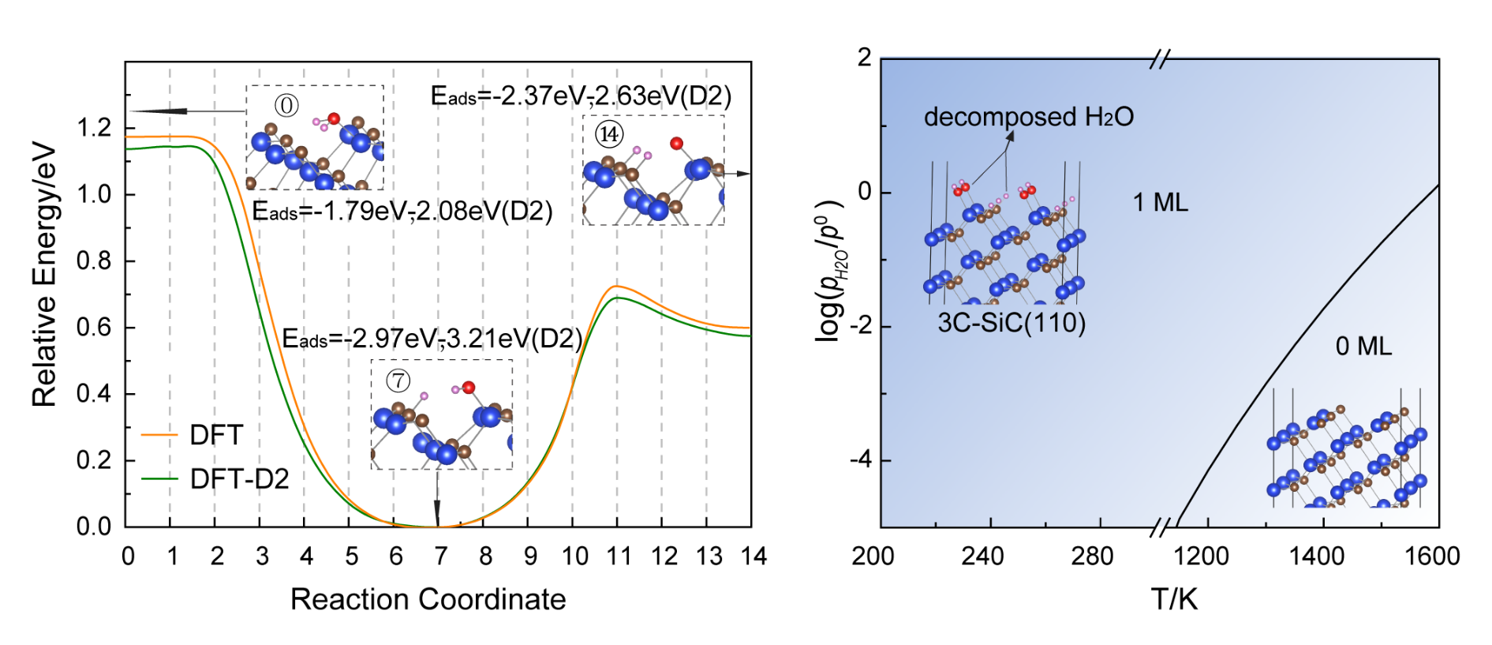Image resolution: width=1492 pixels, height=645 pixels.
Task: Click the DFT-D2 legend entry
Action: coord(239,478)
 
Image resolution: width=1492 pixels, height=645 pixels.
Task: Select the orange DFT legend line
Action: coord(160,435)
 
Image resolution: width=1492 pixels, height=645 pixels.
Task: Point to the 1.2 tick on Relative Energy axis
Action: coord(94,128)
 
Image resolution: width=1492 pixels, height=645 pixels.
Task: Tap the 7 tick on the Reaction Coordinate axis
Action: coord(440,556)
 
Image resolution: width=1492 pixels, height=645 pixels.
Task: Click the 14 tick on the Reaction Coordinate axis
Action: coord(753,556)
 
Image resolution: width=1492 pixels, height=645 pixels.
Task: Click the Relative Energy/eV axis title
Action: coord(44,275)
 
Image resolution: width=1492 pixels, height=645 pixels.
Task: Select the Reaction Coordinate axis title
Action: coord(428,599)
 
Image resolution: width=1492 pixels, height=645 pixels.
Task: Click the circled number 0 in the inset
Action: coord(286,105)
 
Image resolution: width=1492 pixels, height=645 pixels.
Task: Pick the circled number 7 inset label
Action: coord(398,381)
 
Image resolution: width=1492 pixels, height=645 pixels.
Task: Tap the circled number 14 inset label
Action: coord(609,134)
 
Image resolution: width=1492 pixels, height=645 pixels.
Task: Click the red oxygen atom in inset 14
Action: coord(676,143)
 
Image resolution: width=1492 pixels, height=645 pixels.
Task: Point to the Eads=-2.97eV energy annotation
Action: coord(432,339)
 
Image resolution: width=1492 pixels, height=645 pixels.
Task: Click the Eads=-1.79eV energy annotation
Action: coord(402,212)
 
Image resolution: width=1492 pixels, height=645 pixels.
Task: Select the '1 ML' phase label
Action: coord(1160,203)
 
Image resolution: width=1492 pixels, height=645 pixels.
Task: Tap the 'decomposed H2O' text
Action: coord(1028,117)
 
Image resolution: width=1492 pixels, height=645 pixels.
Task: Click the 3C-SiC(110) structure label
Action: coord(1011,322)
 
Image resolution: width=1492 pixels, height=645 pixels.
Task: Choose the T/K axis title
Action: coord(1174,599)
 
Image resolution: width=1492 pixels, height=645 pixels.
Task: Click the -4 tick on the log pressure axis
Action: coord(861,459)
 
